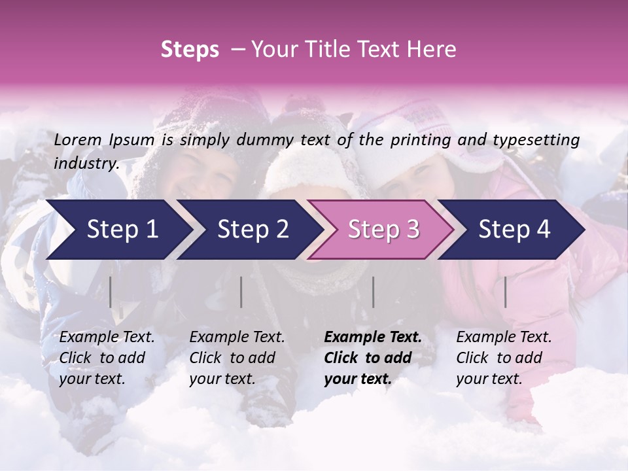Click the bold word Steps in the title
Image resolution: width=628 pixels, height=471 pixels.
click(x=190, y=49)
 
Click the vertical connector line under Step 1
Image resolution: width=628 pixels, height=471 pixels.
click(x=111, y=292)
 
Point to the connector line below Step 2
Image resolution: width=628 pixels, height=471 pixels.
click(x=241, y=292)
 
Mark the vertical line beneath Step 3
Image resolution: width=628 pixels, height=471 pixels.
click(x=374, y=292)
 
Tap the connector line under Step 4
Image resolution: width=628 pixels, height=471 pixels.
click(x=505, y=292)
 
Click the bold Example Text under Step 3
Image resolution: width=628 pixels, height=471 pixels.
click(x=373, y=338)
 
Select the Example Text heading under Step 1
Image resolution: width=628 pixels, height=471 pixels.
click(x=107, y=338)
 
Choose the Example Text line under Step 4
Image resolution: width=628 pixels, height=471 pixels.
click(x=504, y=338)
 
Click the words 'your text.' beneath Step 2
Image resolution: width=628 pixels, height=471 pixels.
click(x=222, y=379)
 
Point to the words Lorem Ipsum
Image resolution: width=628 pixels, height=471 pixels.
click(x=104, y=139)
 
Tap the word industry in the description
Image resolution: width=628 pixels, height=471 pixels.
click(x=86, y=163)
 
